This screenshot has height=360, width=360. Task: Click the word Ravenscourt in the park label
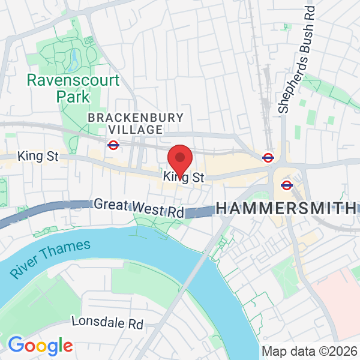click(x=74, y=80)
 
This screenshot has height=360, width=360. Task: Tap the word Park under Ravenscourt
click(x=73, y=96)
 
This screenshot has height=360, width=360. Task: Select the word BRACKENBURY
click(x=127, y=118)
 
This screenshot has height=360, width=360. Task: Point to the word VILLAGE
click(x=135, y=130)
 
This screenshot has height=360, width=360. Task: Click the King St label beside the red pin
click(x=184, y=178)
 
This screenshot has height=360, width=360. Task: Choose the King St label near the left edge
click(x=38, y=156)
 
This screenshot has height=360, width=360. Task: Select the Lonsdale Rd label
click(x=107, y=322)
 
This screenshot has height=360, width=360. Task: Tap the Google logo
click(x=40, y=346)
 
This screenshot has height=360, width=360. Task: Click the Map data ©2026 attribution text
click(x=309, y=351)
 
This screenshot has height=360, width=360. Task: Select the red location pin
click(x=179, y=158)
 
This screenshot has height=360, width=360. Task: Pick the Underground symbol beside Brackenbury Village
click(x=113, y=144)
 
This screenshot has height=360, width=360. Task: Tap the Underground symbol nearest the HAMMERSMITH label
click(x=286, y=185)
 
